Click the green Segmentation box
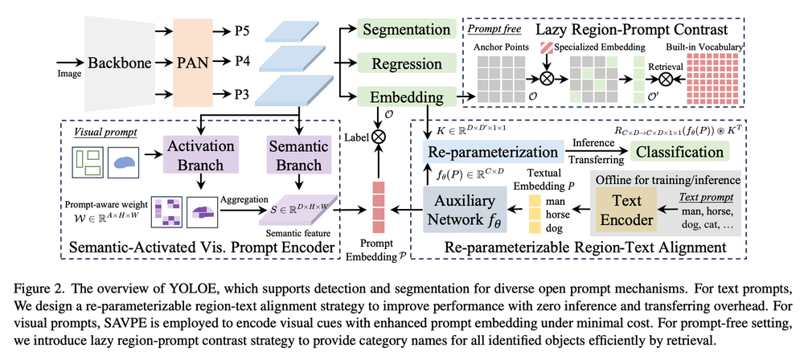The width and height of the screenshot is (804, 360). [x=406, y=30]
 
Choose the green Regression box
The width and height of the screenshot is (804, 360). [x=406, y=63]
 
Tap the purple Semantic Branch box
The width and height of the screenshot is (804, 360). [x=299, y=153]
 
